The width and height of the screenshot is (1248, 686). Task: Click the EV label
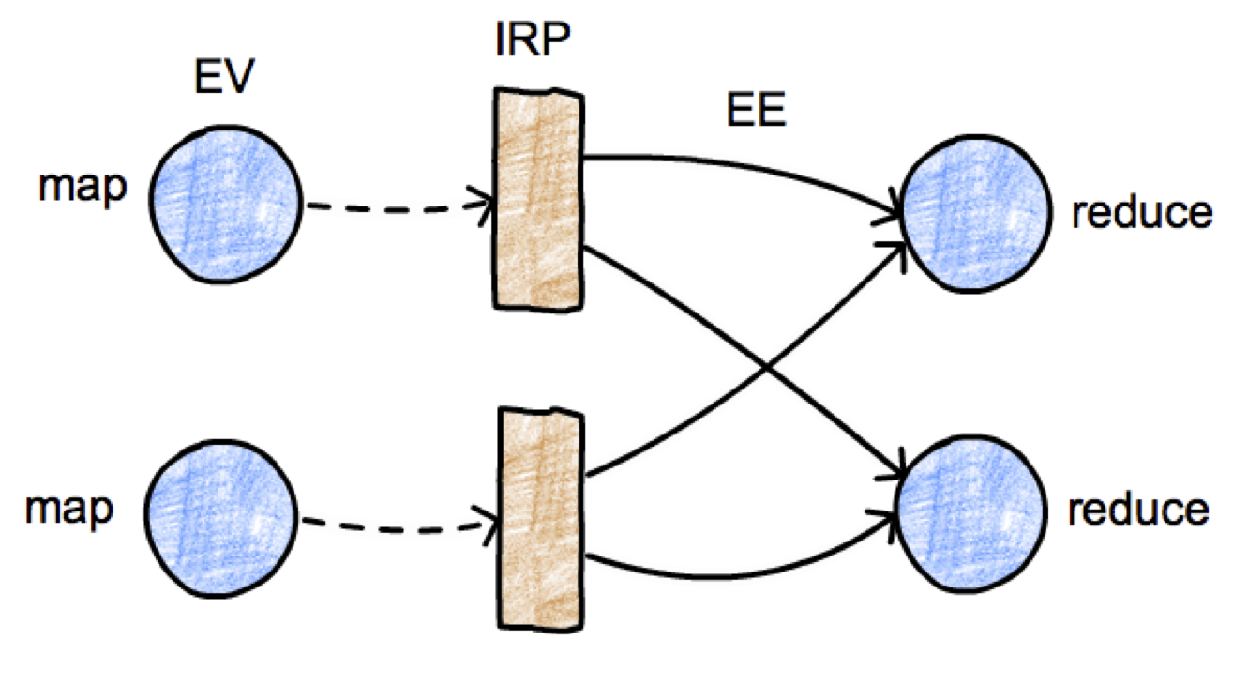(x=223, y=78)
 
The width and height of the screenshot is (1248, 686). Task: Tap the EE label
(x=756, y=113)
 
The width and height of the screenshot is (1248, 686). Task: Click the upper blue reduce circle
(x=974, y=214)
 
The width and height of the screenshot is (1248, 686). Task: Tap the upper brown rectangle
(x=537, y=198)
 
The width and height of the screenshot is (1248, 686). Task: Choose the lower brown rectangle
(x=537, y=517)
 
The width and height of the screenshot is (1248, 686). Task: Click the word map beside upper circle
(x=83, y=188)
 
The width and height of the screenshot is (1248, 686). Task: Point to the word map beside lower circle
(x=69, y=510)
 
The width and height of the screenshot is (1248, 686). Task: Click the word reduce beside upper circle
(x=1141, y=214)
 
